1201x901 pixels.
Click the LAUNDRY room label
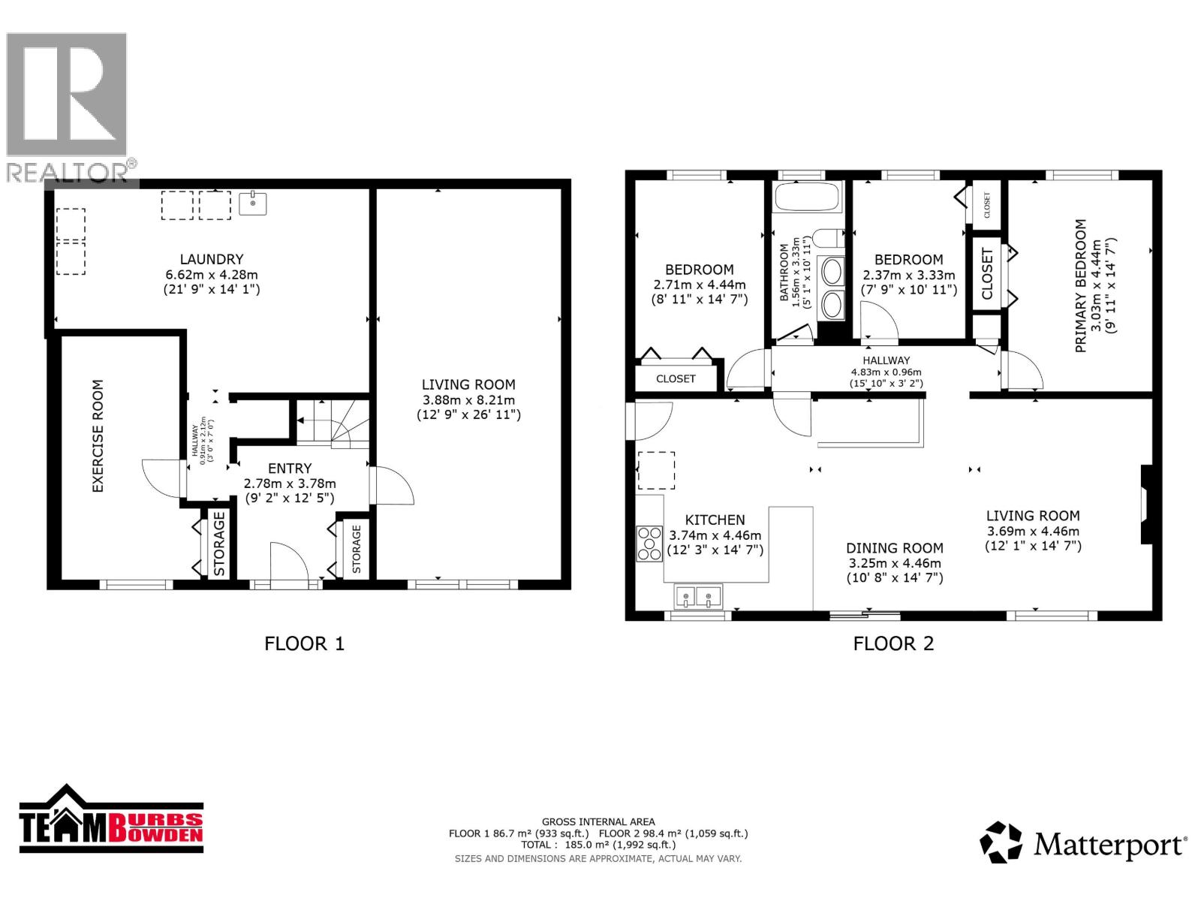click(211, 260)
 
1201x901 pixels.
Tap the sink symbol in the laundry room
click(253, 203)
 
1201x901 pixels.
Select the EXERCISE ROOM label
click(98, 436)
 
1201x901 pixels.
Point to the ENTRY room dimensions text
click(290, 491)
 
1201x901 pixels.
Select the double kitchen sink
click(698, 596)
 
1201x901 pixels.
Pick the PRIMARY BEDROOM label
click(1081, 286)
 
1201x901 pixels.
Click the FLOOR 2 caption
click(893, 643)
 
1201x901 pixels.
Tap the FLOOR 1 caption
click(304, 643)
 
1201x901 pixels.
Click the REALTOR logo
click(68, 105)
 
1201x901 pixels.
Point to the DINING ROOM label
click(895, 548)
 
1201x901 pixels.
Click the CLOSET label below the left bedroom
click(676, 378)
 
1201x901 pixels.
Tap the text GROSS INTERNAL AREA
click(598, 822)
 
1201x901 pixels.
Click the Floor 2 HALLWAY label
click(886, 360)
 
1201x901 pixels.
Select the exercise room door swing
click(161, 478)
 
